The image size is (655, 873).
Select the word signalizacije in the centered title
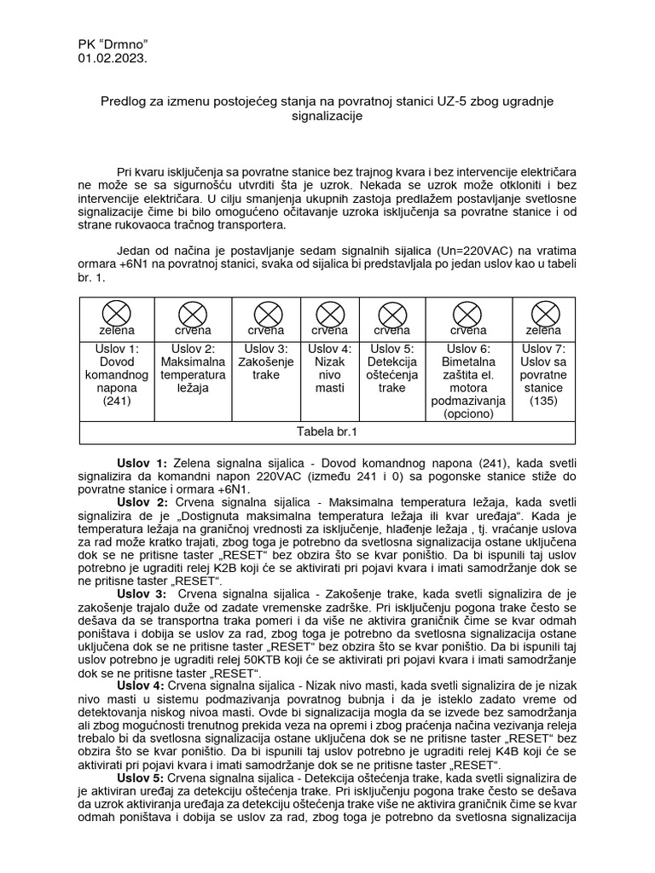point(327,117)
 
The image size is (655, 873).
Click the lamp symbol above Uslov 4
point(329,313)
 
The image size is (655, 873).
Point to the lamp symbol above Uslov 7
point(543,313)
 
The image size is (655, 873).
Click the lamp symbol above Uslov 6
point(468,313)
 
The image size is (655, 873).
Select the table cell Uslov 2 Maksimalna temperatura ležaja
point(193,368)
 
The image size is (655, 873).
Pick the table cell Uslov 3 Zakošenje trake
point(266,361)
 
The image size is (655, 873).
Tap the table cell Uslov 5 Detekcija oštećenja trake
point(391,368)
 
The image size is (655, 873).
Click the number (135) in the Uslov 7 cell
point(543,401)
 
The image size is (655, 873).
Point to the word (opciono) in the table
point(468,413)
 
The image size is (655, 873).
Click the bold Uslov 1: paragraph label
point(142,460)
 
